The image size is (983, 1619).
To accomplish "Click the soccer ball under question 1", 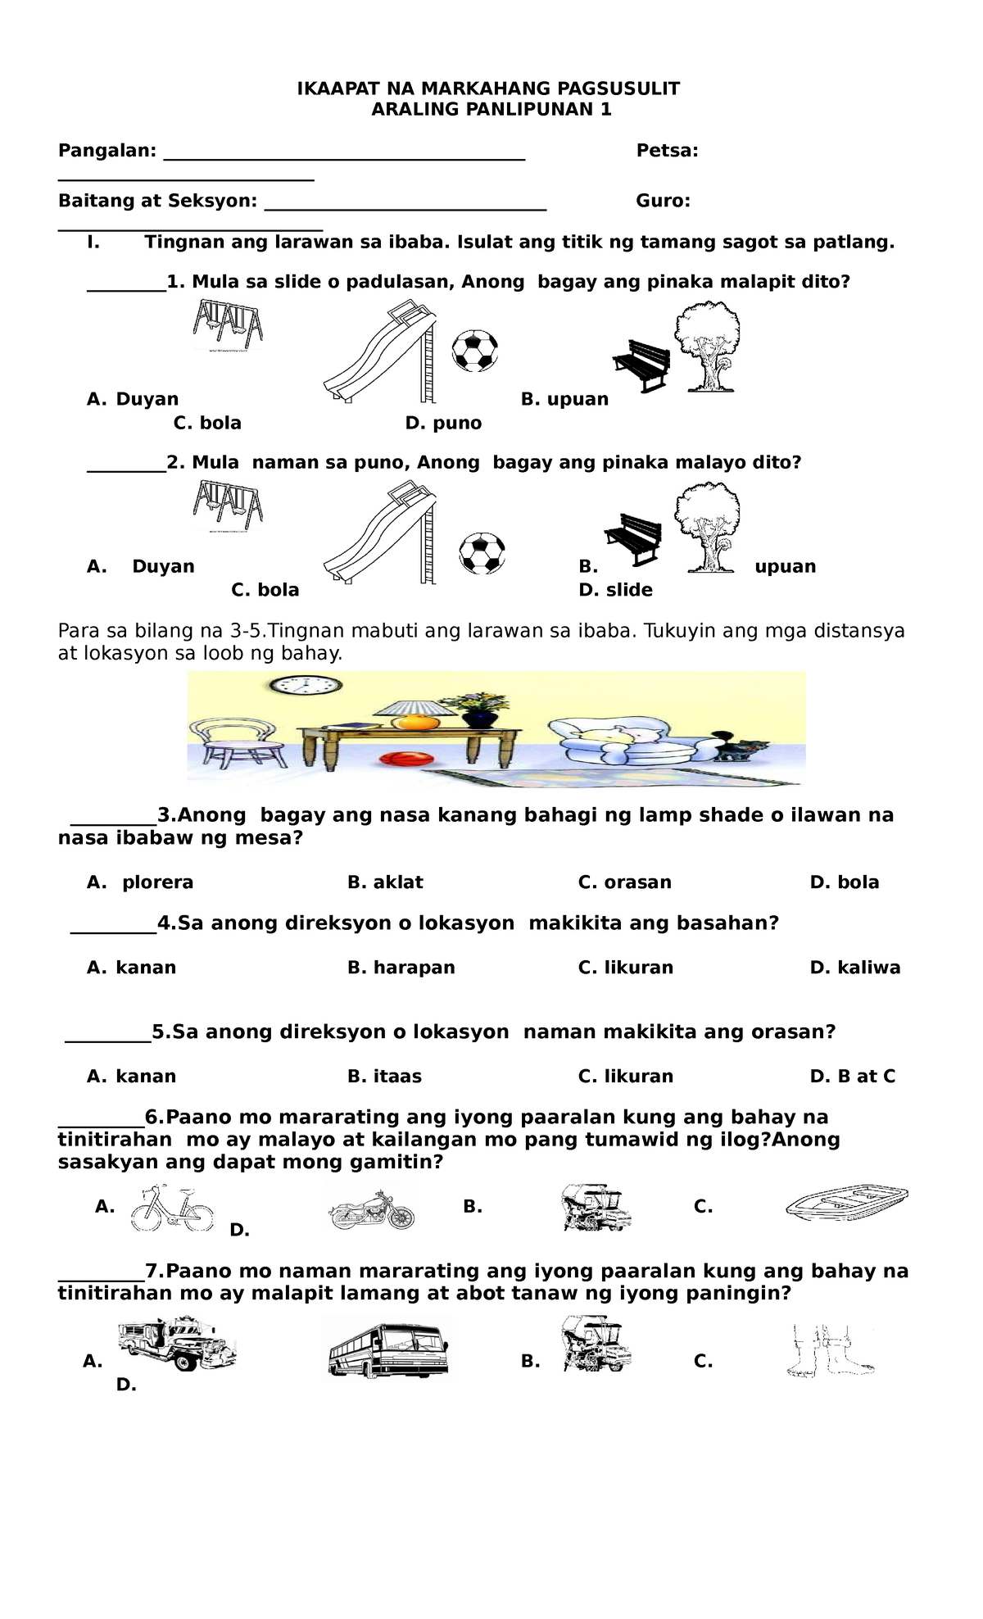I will click(x=475, y=351).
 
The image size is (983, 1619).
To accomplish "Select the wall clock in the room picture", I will click(x=306, y=685).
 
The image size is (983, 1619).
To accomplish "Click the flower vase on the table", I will click(x=478, y=710).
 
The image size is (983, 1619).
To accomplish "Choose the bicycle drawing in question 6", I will click(x=171, y=1209).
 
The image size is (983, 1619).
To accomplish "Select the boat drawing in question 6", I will click(x=846, y=1204).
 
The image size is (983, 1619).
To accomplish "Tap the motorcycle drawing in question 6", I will click(x=372, y=1209).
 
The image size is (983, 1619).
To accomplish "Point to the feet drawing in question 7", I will click(x=828, y=1350).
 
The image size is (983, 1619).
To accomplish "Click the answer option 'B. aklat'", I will click(x=385, y=882).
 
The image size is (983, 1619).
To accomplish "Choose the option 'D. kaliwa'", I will click(x=854, y=968).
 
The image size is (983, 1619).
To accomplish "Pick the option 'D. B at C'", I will click(x=852, y=1077).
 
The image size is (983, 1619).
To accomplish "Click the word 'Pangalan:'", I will click(x=106, y=151).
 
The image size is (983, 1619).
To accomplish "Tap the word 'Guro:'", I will click(x=663, y=202).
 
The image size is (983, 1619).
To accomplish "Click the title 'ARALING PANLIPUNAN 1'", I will click(x=491, y=110).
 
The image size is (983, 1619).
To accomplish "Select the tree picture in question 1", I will click(x=707, y=345).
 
